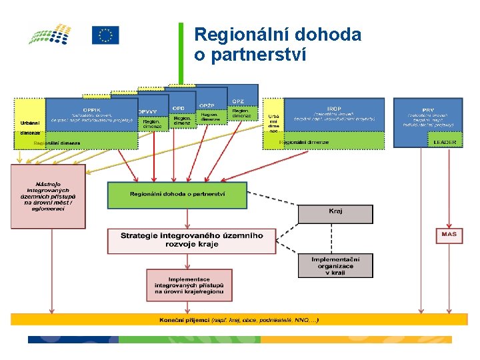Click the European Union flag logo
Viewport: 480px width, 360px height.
point(105,35)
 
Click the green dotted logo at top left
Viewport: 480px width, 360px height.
point(51,34)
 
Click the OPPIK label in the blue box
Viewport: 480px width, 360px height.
point(92,109)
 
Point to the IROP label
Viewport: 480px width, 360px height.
point(334,108)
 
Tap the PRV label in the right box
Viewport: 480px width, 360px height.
point(428,109)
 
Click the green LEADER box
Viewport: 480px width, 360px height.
point(445,142)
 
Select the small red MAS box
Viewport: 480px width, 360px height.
point(449,235)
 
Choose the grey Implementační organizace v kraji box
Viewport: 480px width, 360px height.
point(335,266)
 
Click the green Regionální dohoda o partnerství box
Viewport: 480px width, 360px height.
point(177,195)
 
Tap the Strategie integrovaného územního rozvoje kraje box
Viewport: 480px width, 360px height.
point(192,241)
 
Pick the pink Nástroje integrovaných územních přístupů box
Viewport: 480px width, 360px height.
point(48,196)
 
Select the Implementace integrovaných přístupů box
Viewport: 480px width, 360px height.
point(189,285)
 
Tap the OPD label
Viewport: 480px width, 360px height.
point(179,108)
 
